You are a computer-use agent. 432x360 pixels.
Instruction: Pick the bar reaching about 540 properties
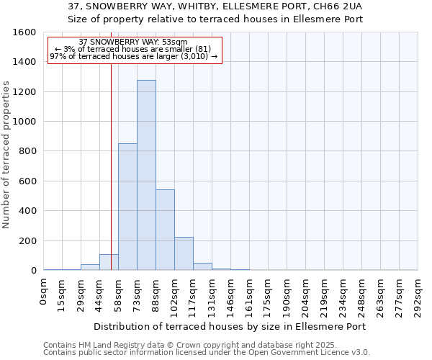tap(165, 230)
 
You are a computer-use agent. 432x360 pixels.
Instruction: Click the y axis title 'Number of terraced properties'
tap(6, 155)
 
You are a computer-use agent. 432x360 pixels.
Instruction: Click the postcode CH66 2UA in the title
tap(336, 6)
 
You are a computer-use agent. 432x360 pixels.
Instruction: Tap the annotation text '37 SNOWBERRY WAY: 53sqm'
tap(133, 42)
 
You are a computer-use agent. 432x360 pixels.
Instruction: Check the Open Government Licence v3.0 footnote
tap(206, 353)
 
